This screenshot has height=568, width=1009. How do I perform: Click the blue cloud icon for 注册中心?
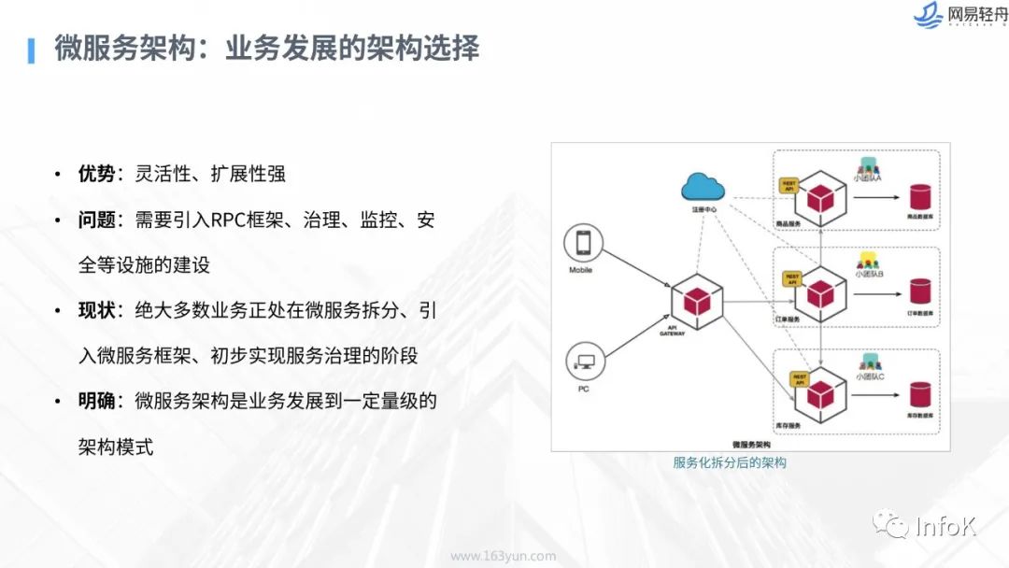pyautogui.click(x=703, y=187)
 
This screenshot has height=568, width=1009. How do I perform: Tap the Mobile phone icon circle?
pyautogui.click(x=583, y=244)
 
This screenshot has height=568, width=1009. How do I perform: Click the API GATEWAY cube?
pyautogui.click(x=696, y=300)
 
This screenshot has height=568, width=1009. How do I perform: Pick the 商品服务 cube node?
pyautogui.click(x=819, y=198)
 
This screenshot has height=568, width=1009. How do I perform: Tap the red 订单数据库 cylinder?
pyautogui.click(x=920, y=291)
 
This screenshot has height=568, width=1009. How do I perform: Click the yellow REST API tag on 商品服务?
pyautogui.click(x=789, y=185)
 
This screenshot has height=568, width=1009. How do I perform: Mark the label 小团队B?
pyautogui.click(x=869, y=275)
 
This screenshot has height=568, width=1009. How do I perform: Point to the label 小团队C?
pyautogui.click(x=869, y=376)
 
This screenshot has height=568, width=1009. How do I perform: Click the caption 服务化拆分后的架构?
pyautogui.click(x=730, y=462)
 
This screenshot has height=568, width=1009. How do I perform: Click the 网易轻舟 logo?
pyautogui.click(x=958, y=16)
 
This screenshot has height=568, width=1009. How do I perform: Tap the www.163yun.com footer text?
pyautogui.click(x=504, y=556)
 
